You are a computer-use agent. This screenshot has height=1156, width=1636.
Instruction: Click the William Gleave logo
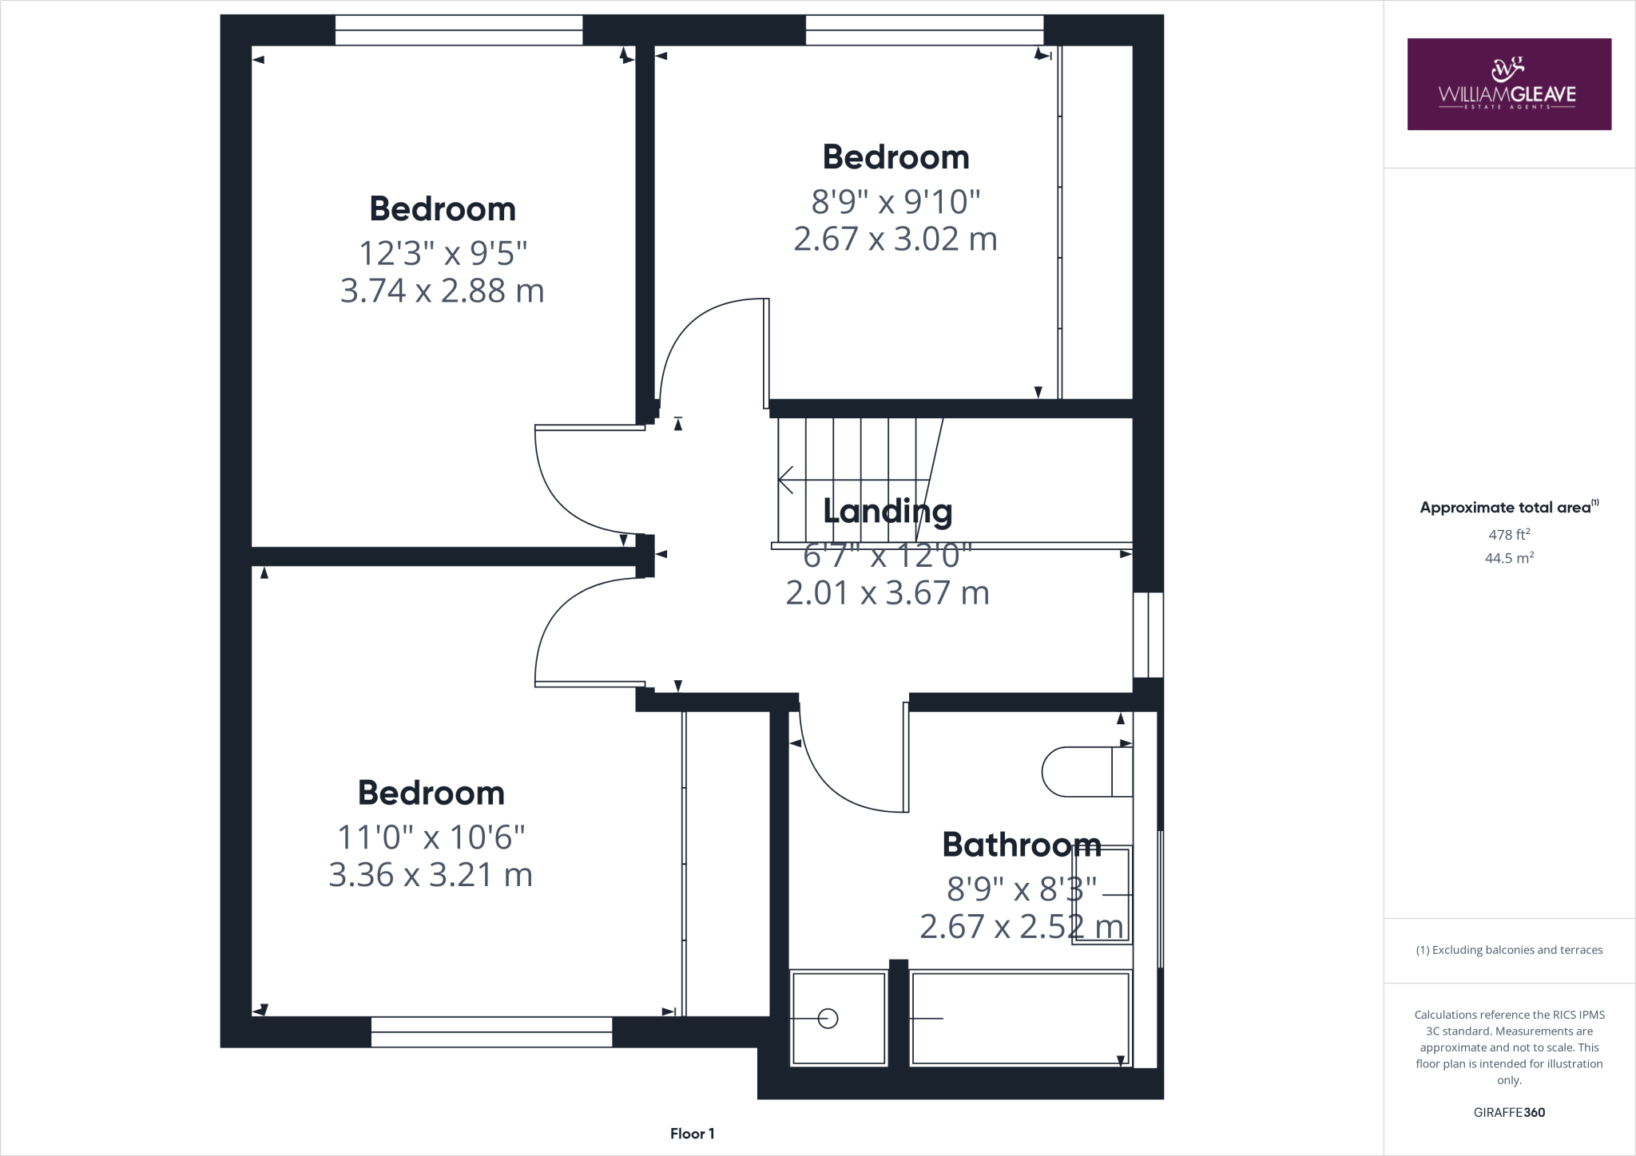click(x=1508, y=84)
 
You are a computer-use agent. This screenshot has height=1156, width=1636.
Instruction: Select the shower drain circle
click(x=828, y=1019)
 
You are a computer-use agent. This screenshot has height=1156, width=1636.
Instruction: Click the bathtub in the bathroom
click(x=1020, y=1018)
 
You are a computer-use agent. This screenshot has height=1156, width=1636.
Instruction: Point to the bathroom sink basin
click(x=1102, y=895)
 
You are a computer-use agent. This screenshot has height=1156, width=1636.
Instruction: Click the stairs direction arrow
click(x=787, y=480)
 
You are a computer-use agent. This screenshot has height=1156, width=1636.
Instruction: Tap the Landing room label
click(x=887, y=511)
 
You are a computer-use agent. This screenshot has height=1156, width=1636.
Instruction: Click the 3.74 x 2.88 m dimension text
click(x=442, y=291)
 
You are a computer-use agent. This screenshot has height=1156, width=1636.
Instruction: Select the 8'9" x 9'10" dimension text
click(x=895, y=202)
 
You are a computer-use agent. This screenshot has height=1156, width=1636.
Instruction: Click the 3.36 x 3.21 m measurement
click(x=431, y=875)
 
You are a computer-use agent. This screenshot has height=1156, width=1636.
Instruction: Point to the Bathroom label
click(x=1021, y=845)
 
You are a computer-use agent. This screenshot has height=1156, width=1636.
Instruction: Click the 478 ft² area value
click(x=1509, y=534)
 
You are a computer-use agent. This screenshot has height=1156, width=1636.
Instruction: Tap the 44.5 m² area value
click(x=1509, y=558)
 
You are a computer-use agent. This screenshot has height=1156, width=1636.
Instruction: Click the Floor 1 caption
click(x=692, y=1134)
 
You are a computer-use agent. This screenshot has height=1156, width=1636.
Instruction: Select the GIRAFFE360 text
click(x=1509, y=1113)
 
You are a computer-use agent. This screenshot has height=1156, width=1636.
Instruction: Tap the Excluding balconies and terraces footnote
click(x=1509, y=950)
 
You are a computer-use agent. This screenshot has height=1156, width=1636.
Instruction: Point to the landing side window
click(x=1148, y=635)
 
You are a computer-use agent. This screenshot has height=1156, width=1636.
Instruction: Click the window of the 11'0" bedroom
click(x=491, y=1031)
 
